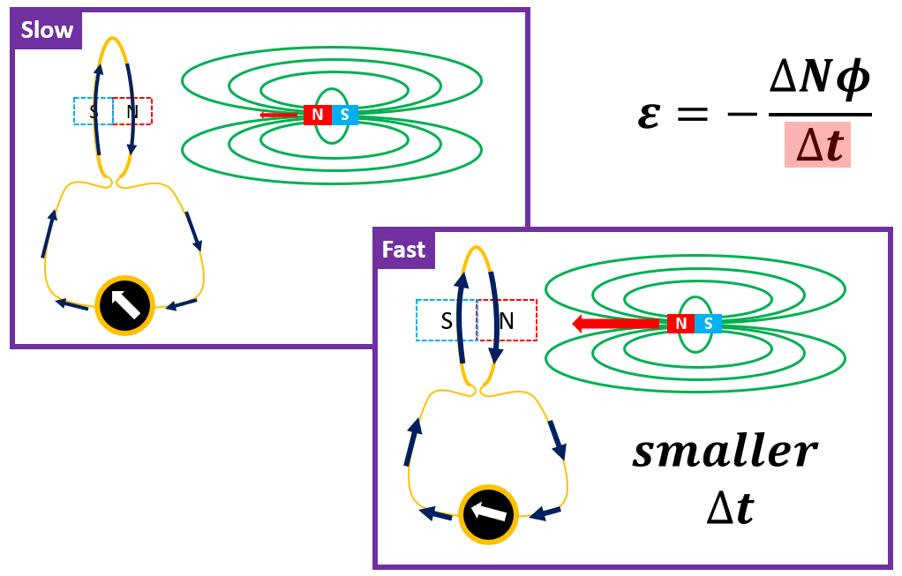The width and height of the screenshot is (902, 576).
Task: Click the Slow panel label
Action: coord(47,31)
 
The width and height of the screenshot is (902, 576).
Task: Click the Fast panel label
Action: coord(403,251)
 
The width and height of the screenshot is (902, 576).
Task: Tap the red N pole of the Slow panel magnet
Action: coord(317,115)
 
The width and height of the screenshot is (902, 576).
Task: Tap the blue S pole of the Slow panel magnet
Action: coord(344,115)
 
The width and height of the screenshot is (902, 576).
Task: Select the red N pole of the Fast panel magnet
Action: coord(680,324)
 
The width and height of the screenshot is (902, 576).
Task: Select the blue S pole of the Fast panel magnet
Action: coord(708,324)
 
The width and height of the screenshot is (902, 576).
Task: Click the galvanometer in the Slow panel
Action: coord(124,305)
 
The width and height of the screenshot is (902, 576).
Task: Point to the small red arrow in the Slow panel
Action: coord(281,115)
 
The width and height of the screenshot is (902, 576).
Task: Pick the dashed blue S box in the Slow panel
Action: coord(93,111)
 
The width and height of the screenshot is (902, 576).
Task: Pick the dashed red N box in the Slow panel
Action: coord(133,111)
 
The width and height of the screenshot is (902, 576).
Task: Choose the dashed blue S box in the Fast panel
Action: coord(446,320)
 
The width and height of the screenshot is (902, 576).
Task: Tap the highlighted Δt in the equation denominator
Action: coord(816,145)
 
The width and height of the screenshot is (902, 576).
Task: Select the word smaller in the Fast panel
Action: coord(725,453)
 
